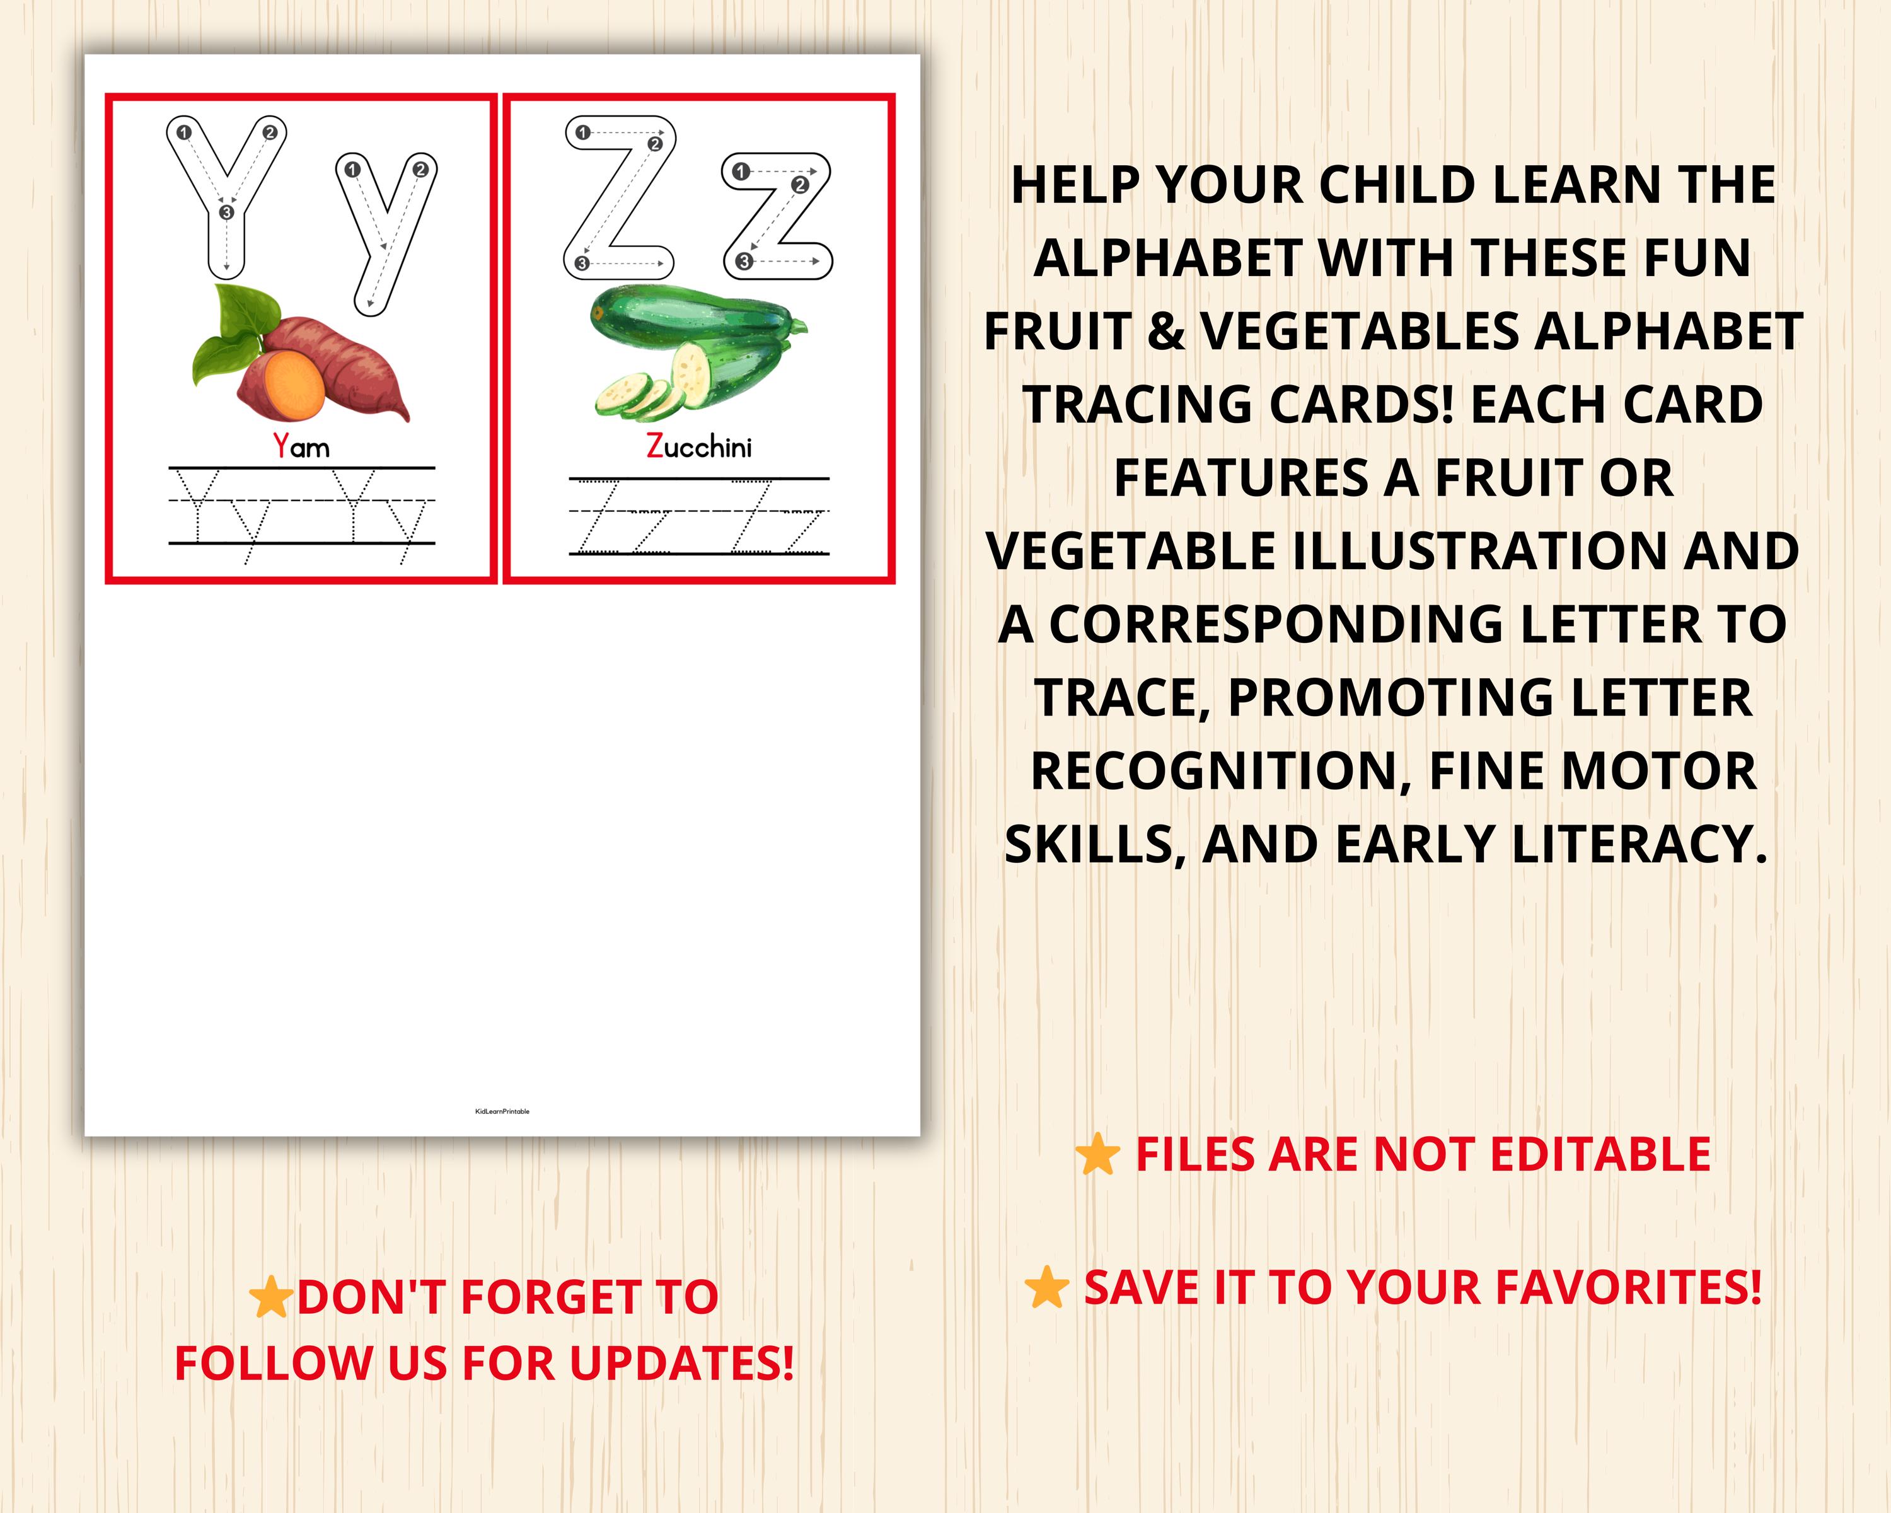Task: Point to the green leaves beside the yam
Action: pos(228,333)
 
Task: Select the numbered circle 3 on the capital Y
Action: pos(226,212)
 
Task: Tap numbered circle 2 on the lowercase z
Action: pos(799,184)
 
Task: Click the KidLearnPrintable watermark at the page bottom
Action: pos(502,1111)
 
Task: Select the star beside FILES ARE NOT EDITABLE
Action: pos(1097,1154)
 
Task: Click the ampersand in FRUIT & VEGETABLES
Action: pos(1165,332)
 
